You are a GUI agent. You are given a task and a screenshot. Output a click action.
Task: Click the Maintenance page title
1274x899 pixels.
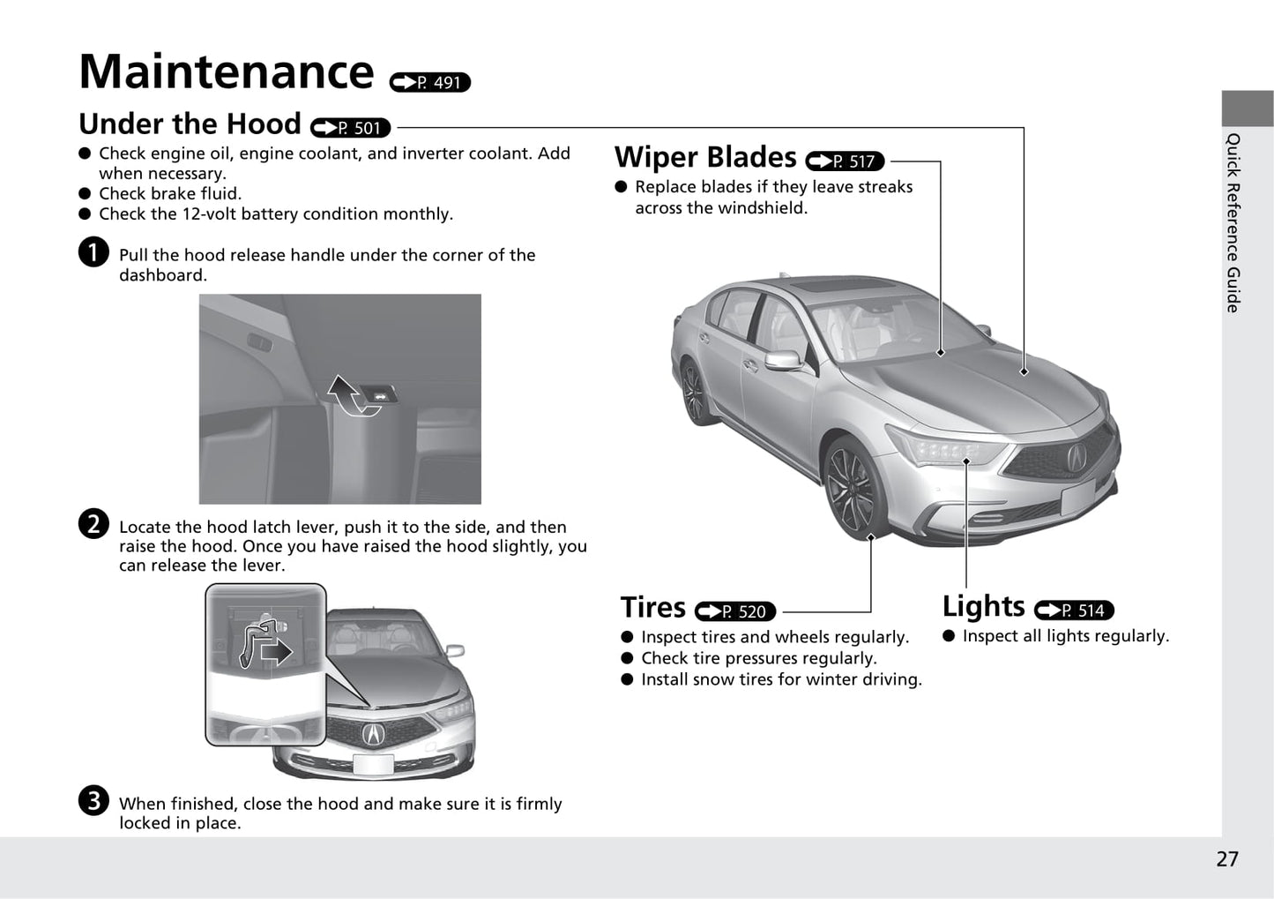pos(226,71)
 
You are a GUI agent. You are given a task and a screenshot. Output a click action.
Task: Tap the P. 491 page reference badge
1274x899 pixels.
pos(430,83)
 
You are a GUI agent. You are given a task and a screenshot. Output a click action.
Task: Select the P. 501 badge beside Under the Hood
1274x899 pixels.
pos(351,128)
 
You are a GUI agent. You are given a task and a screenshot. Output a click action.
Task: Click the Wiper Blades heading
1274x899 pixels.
pos(705,157)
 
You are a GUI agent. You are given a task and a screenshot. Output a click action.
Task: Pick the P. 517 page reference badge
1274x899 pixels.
pos(845,161)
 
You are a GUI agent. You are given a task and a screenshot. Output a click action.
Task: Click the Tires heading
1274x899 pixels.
pos(652,608)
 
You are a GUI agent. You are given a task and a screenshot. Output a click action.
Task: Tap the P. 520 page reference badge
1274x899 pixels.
pos(735,611)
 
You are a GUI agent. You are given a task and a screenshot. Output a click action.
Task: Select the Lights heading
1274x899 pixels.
pos(983,606)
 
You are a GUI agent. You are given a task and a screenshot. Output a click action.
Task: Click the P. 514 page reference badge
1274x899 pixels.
pos(1074,611)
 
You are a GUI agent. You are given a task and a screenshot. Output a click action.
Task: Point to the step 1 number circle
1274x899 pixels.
pos(93,252)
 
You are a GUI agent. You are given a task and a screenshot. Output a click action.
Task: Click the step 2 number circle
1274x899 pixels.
pos(93,524)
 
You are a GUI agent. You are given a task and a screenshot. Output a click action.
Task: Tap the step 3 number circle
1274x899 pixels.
pos(93,800)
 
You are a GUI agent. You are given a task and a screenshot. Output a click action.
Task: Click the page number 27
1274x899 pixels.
pos(1226,859)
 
